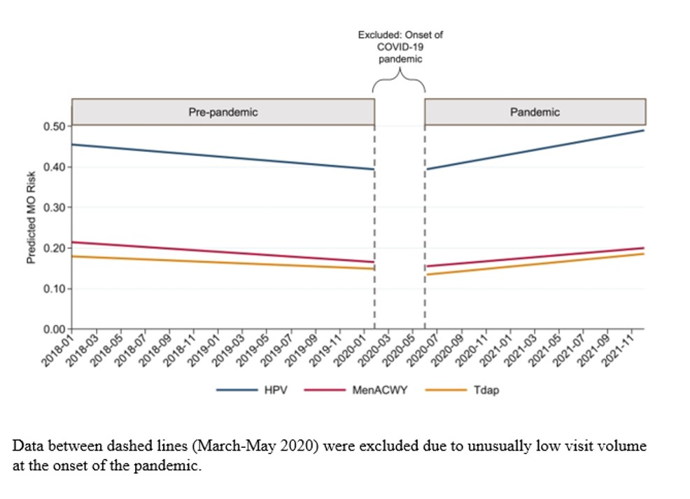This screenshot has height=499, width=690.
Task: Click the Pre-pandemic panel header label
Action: [x=223, y=112]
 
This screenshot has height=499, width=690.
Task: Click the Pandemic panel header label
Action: [x=535, y=112]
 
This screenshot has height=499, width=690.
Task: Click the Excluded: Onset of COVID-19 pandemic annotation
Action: [x=400, y=47]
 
